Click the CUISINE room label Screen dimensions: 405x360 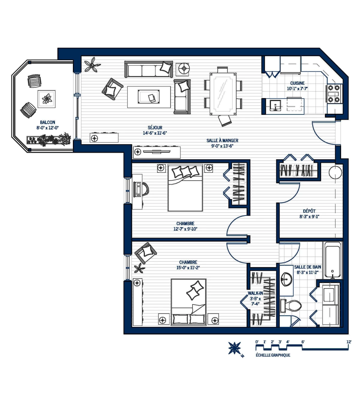click(297, 83)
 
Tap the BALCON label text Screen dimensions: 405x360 click(47, 122)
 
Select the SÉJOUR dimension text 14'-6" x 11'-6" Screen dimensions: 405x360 click(155, 133)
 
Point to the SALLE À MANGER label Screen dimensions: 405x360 click(222, 140)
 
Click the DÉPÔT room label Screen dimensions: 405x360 click(309, 211)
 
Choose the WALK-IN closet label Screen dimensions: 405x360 click(255, 293)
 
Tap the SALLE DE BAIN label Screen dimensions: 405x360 click(307, 267)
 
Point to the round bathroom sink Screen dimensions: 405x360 click(286, 280)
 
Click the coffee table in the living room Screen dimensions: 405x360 click(149, 97)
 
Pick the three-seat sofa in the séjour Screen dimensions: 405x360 click(148, 70)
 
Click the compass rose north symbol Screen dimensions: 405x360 click(234, 348)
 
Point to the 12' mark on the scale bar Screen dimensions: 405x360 click(349, 342)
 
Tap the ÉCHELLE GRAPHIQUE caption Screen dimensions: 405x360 click(273, 355)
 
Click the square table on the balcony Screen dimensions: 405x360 click(46, 99)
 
